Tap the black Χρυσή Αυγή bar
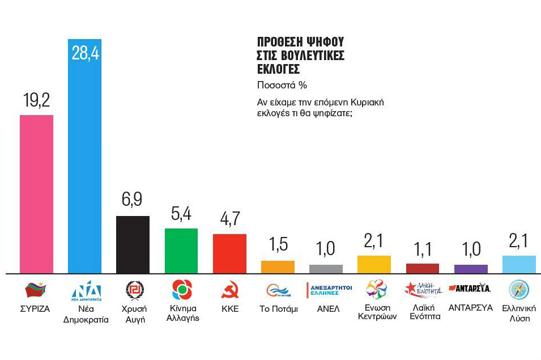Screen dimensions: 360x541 coord(133,244)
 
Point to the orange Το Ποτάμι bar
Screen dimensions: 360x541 coord(278,267)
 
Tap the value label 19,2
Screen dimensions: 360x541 coord(36,100)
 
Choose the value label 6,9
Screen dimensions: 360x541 coord(133,201)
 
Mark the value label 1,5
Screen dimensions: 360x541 coord(278,245)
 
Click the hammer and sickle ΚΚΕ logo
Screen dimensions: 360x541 coord(229,290)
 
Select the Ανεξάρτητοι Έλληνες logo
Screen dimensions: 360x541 coord(329,290)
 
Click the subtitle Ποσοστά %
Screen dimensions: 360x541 coord(282,86)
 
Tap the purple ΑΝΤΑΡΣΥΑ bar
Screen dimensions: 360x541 coord(471,269)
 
